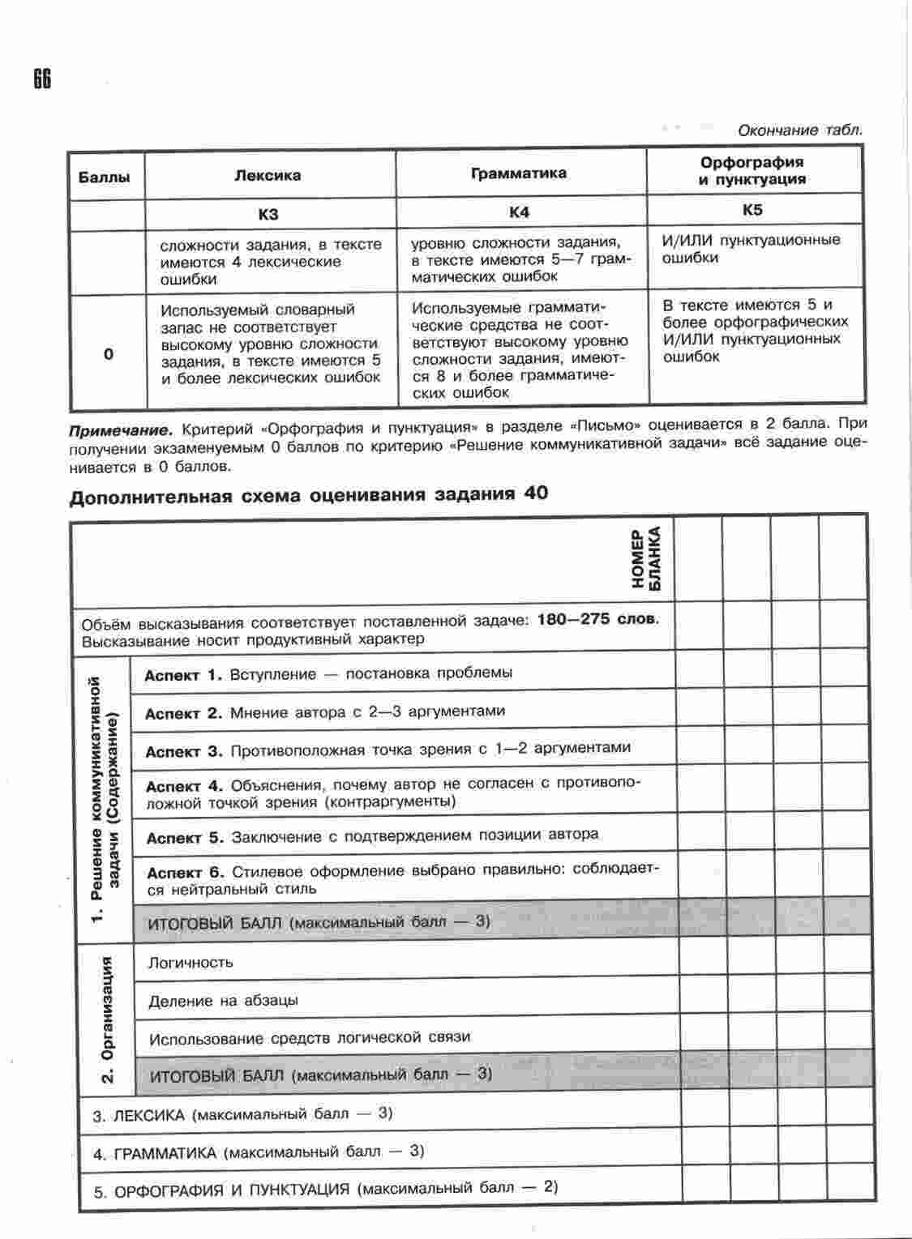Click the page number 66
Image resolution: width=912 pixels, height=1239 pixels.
click(42, 79)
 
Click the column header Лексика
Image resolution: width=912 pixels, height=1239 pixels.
click(268, 175)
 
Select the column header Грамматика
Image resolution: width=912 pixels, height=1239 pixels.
click(519, 173)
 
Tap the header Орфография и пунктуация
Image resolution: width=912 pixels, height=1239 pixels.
click(752, 171)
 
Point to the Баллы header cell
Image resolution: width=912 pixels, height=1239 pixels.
click(105, 177)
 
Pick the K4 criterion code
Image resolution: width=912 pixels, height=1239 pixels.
click(520, 212)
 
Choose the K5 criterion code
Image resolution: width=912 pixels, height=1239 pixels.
click(752, 210)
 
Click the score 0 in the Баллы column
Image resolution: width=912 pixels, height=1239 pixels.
click(109, 354)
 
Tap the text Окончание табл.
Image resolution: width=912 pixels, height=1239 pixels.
click(799, 130)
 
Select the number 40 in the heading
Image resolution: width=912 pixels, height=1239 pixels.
click(536, 493)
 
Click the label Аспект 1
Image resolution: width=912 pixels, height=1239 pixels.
click(182, 675)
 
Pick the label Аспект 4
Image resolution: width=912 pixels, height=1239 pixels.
click(184, 786)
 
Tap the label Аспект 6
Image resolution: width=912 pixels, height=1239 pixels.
click(185, 873)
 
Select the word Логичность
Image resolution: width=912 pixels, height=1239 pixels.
click(191, 963)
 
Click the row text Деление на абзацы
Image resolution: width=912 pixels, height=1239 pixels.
click(223, 1001)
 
